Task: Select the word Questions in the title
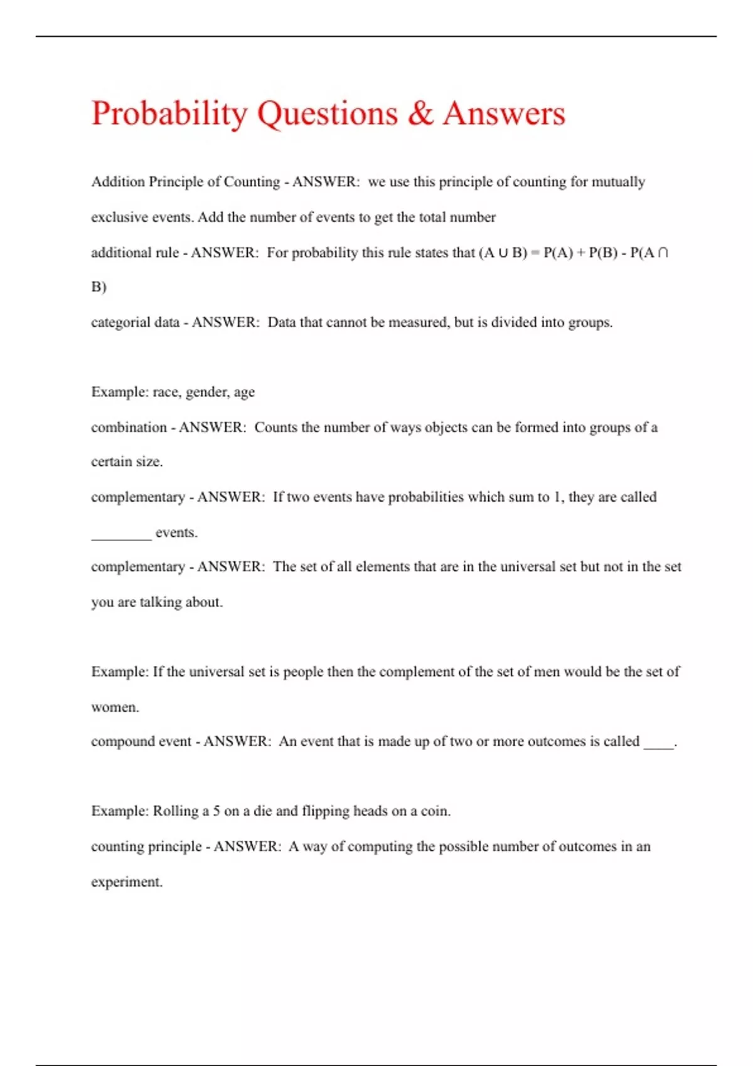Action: coord(328,114)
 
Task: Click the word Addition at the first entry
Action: coord(118,182)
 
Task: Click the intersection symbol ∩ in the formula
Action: coord(663,253)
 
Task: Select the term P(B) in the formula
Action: coord(602,253)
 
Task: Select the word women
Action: coord(114,707)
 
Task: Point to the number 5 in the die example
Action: coord(216,811)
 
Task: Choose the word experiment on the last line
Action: coord(126,882)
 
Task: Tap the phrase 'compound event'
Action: coord(141,742)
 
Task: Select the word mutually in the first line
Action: coord(618,182)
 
